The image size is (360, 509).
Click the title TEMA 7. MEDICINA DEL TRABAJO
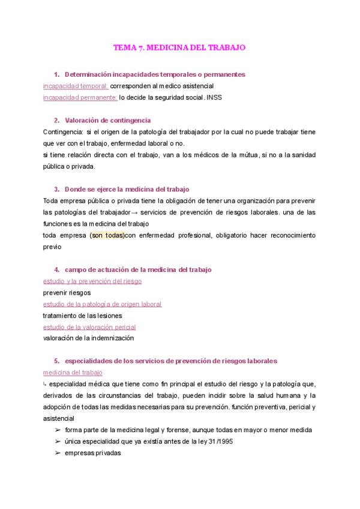pyautogui.click(x=179, y=47)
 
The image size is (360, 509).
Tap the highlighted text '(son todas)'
pyautogui.click(x=107, y=235)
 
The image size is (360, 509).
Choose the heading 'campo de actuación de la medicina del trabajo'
pyautogui.click(x=138, y=270)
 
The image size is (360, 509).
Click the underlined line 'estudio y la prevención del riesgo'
pyautogui.click(x=92, y=281)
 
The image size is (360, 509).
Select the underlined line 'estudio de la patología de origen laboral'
pyautogui.click(x=102, y=304)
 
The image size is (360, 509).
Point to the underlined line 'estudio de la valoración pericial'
pyautogui.click(x=89, y=327)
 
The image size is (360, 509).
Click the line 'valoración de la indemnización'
pyautogui.click(x=88, y=338)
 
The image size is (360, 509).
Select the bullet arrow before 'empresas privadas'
pyautogui.click(x=58, y=453)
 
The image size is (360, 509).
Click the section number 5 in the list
pyautogui.click(x=56, y=361)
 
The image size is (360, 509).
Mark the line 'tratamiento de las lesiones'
pyautogui.click(x=82, y=315)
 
